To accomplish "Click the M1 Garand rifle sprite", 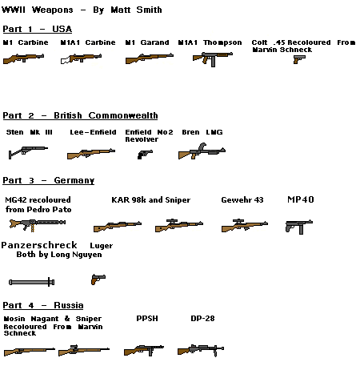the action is point(148,58).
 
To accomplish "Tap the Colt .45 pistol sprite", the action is point(299,58).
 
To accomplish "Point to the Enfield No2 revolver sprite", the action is point(144,152).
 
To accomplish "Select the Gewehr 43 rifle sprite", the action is point(244,227).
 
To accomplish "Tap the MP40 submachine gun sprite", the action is point(294,226).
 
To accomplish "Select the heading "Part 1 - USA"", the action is point(38,29).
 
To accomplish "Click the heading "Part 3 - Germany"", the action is point(48,180).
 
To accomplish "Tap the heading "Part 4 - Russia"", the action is point(42,305).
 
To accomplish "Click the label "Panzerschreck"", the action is point(39,244).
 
